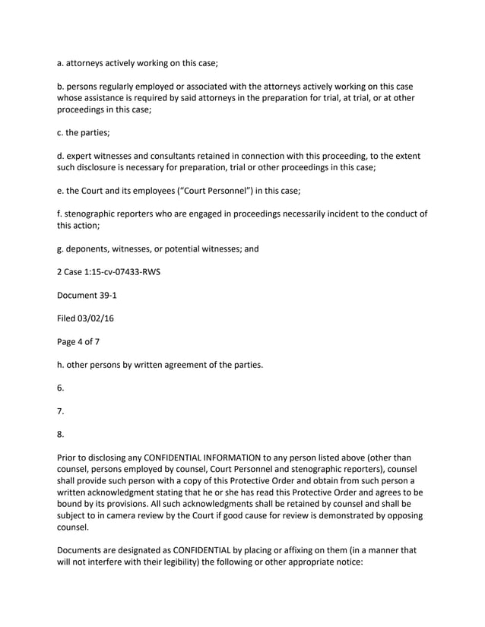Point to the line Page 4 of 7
[x=78, y=342]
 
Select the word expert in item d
[x=83, y=156]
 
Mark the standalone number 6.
[x=61, y=388]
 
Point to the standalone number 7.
[x=61, y=412]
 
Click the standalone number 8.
[x=61, y=435]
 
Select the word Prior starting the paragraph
[x=68, y=458]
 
